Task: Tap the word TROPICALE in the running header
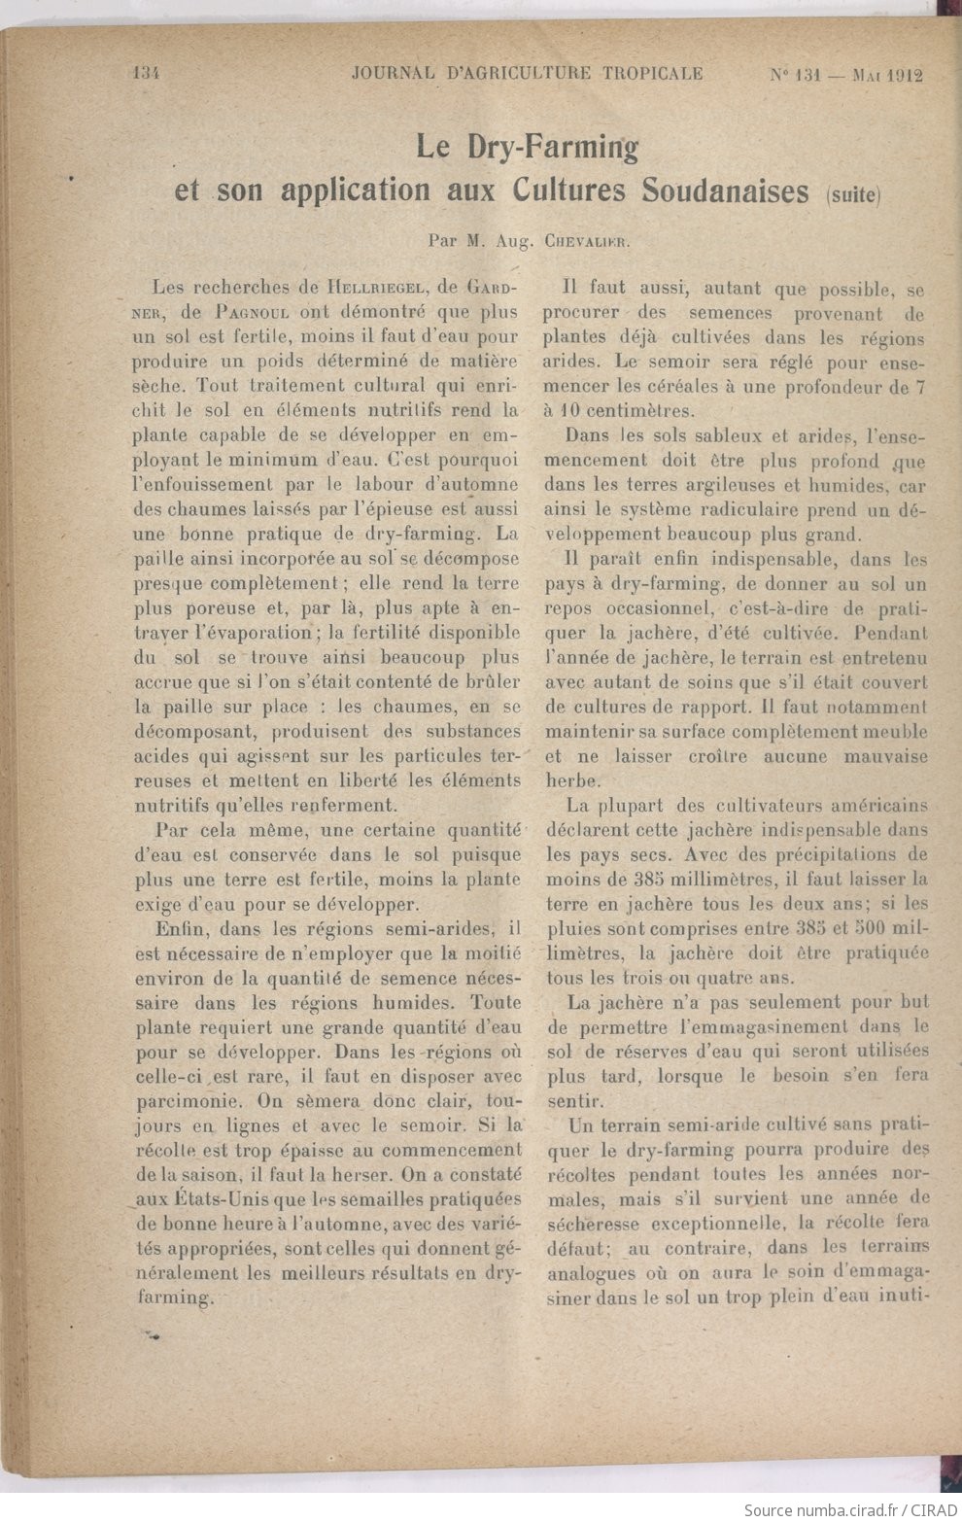coord(653,73)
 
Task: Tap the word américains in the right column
coord(879,805)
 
